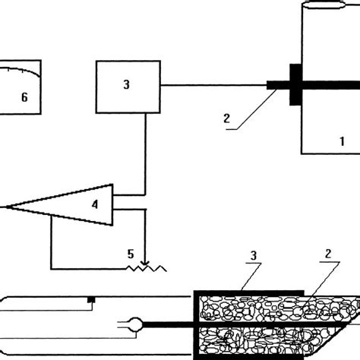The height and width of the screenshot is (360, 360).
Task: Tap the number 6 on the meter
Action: pyautogui.click(x=24, y=97)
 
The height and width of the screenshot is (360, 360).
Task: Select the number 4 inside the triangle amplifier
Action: pyautogui.click(x=95, y=204)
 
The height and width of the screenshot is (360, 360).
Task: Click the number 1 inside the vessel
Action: pyautogui.click(x=343, y=141)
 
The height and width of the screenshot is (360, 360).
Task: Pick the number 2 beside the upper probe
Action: pyautogui.click(x=226, y=118)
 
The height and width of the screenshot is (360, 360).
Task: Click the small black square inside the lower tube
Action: pyautogui.click(x=92, y=300)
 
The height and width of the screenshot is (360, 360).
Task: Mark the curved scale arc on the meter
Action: pyautogui.click(x=21, y=72)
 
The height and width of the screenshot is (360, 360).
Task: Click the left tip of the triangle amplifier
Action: pyautogui.click(x=9, y=205)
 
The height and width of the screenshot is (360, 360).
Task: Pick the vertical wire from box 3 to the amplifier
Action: pyautogui.click(x=144, y=152)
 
